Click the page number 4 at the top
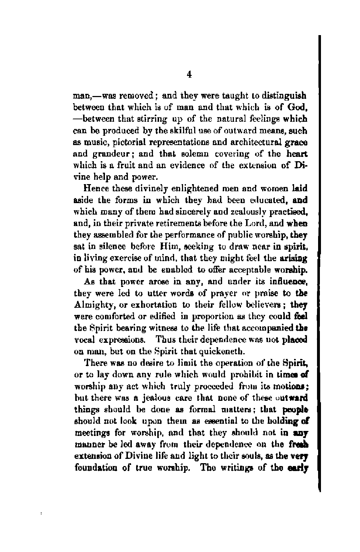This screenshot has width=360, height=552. tap(189, 75)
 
